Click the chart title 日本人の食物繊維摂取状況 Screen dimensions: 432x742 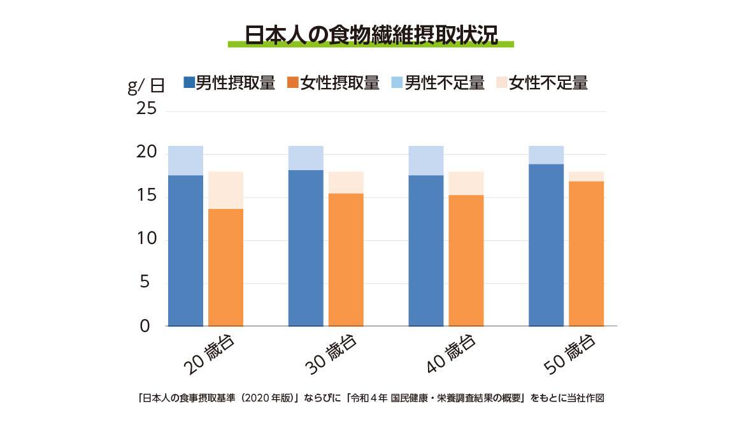pos(371,34)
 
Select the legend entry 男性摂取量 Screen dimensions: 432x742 pos(229,83)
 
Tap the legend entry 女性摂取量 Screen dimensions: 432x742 pos(334,83)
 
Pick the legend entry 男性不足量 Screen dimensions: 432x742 pos(438,83)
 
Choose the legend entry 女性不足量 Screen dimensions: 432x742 pos(541,83)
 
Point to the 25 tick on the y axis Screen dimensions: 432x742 pos(146,110)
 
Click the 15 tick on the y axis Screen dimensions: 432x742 pos(146,196)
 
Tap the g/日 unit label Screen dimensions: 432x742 pos(146,86)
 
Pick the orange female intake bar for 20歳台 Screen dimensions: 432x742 pos(225,268)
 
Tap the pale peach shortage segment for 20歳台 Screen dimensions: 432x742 pos(225,190)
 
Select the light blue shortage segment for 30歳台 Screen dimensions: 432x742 pos(306,158)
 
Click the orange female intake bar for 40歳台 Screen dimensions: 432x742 pos(466,261)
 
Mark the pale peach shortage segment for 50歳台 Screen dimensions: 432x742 pos(586,176)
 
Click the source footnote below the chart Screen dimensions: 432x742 pos(371,398)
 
